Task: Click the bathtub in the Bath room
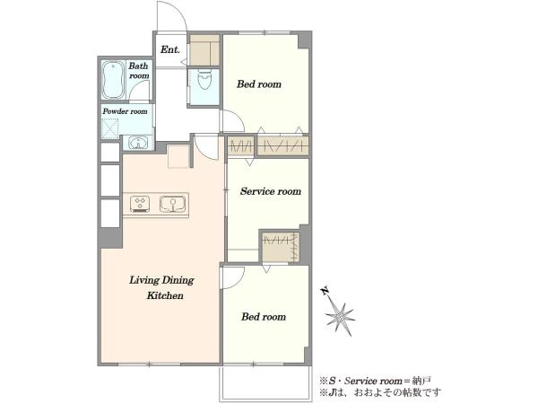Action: pos(113,80)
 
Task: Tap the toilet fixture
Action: pos(204,79)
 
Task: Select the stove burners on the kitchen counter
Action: pos(140,204)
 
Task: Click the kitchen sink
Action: pos(172,204)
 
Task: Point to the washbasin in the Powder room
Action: pos(138,143)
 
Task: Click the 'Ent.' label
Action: pos(169,49)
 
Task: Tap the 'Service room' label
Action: pos(271,191)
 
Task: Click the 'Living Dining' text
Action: pos(161,280)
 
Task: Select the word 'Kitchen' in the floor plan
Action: pos(165,295)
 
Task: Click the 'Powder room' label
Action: pos(125,111)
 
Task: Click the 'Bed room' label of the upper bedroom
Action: pos(259,84)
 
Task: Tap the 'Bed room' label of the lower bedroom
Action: pos(264,316)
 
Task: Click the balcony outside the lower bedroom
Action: pos(265,382)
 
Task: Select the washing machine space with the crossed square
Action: pos(110,128)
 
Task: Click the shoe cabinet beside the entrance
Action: pos(204,50)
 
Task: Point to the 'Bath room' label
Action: pos(139,70)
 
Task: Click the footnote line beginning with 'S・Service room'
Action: pos(376,381)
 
